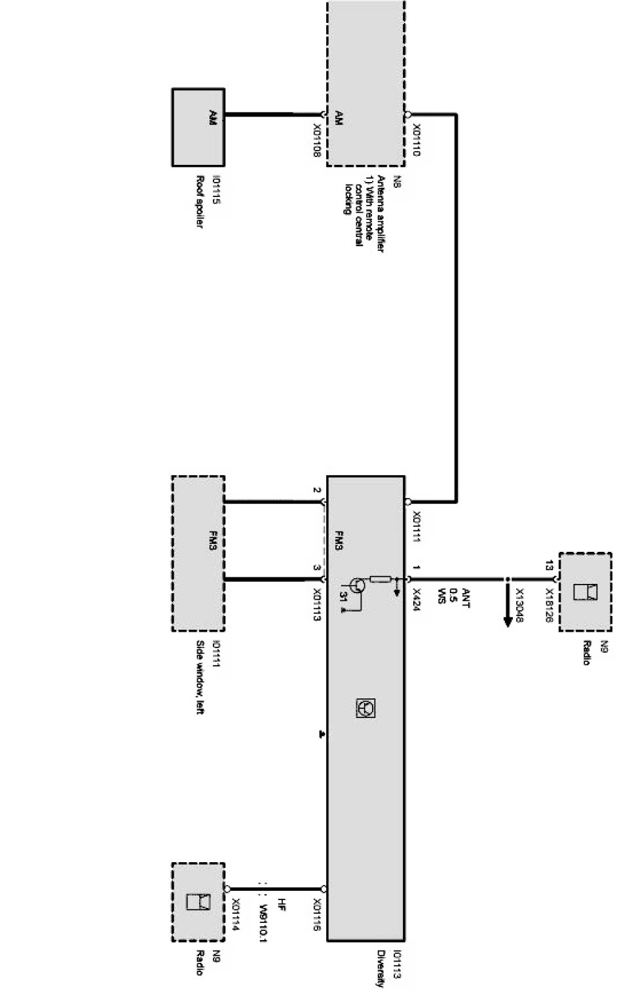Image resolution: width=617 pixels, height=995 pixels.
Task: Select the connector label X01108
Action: pos(317,139)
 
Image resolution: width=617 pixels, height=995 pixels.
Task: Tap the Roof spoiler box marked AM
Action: pos(198,127)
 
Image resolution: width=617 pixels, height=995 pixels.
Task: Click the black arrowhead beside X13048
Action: pos(506,619)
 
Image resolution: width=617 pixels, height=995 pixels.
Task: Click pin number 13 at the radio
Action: pos(548,564)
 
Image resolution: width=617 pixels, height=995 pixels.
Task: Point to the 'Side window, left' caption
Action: pos(200,678)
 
